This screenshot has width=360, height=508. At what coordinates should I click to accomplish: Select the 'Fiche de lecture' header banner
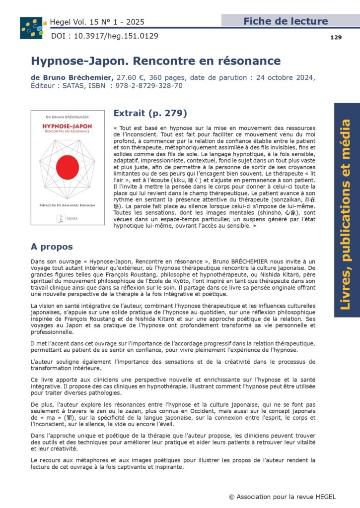tap(286, 21)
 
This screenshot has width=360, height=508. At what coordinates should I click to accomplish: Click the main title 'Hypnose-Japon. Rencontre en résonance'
tap(155, 61)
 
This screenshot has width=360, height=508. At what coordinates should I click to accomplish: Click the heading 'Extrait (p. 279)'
tap(150, 113)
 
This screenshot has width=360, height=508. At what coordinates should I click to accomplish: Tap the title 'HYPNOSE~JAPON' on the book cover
tap(68, 127)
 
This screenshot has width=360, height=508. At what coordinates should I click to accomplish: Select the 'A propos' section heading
tap(52, 247)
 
